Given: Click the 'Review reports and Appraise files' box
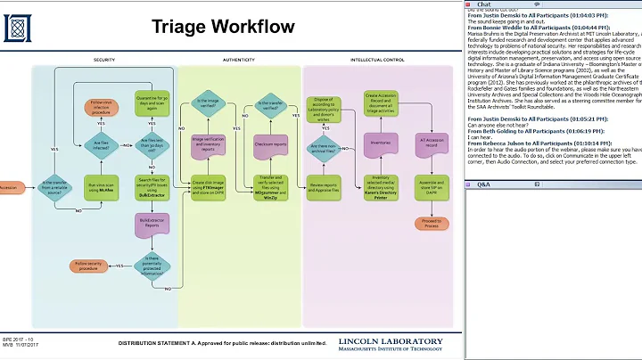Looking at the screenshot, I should pyautogui.click(x=325, y=187).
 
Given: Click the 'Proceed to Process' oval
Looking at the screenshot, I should pyautogui.click(x=432, y=223).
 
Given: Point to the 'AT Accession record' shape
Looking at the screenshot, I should pyautogui.click(x=432, y=143).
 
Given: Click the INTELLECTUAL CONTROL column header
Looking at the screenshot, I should pyautogui.click(x=379, y=60).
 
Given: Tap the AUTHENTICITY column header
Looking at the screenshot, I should pyautogui.click(x=239, y=60).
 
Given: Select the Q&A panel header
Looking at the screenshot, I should pyautogui.click(x=482, y=184).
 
